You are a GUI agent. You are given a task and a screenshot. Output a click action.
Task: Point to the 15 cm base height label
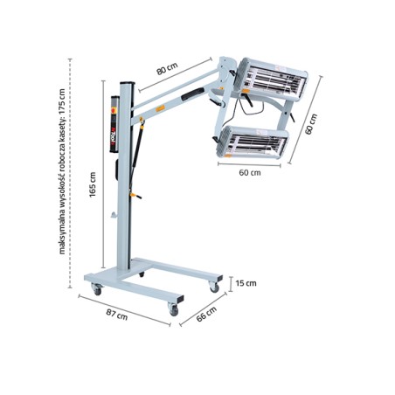246,283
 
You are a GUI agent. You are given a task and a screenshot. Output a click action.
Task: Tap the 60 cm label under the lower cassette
250,172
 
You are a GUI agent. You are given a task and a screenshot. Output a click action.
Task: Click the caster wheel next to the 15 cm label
214,284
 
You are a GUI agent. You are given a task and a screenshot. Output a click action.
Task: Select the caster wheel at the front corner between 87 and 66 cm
174,308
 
